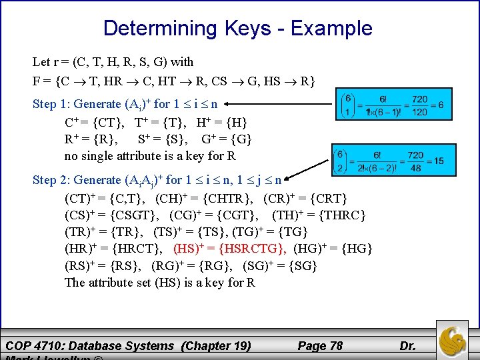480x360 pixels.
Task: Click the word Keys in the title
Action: point(247,29)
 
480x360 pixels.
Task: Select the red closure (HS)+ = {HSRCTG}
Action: point(231,249)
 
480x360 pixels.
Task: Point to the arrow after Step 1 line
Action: point(283,104)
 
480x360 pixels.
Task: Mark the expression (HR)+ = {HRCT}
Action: point(112,249)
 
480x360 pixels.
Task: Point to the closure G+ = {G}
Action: point(227,139)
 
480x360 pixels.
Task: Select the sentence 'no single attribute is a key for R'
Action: point(151,156)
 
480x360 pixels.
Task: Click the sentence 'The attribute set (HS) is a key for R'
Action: point(160,282)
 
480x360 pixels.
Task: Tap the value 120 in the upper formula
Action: point(419,113)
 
